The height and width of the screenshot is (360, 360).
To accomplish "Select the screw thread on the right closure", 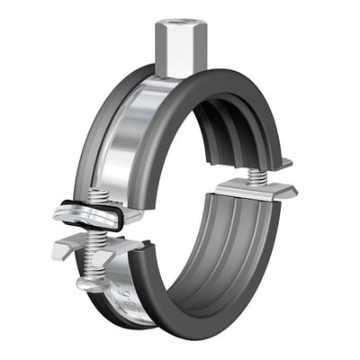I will pos(258,172).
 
